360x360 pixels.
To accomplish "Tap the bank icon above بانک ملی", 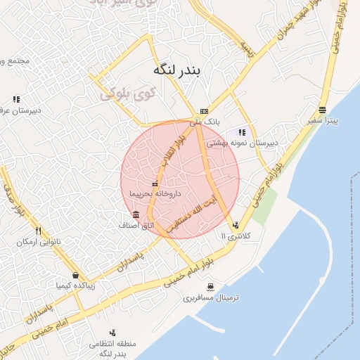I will [204, 110].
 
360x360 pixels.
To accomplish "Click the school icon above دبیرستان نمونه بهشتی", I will [243, 132].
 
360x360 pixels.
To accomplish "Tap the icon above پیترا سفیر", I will [322, 110].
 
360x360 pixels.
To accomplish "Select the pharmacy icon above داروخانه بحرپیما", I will [155, 184].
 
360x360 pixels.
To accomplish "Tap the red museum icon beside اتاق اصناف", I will [135, 214].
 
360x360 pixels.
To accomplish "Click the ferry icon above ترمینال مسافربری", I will [211, 286].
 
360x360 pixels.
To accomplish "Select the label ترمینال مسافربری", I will [212, 298].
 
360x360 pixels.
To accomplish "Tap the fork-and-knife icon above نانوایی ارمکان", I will [38, 231].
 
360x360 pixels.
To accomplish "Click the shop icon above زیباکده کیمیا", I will [75, 276].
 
